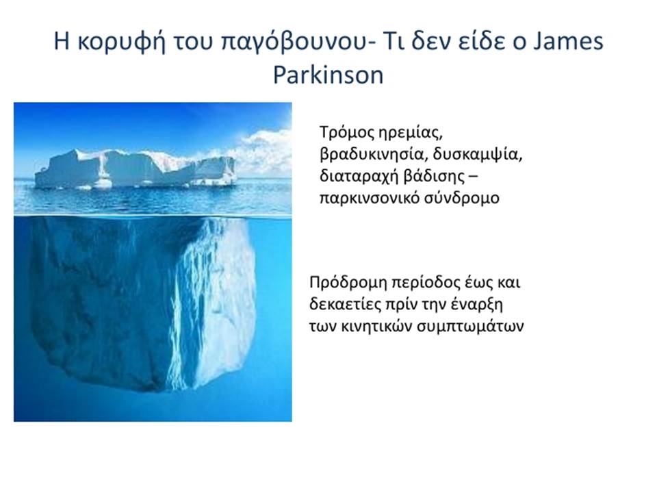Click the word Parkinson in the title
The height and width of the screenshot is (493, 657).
tap(328, 75)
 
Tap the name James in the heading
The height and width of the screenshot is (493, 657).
tap(568, 42)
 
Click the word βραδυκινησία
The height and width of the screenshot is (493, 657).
tap(374, 155)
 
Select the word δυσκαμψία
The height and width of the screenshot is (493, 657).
tap(478, 155)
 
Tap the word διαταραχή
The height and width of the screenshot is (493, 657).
tap(358, 177)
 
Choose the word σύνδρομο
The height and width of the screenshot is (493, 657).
tap(461, 198)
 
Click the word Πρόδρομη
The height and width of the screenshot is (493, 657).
tap(348, 283)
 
